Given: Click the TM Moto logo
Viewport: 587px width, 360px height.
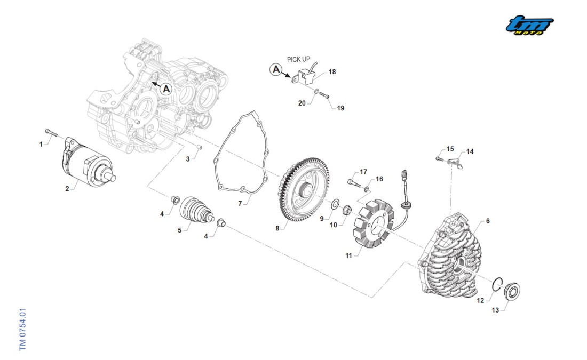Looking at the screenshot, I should (x=529, y=25).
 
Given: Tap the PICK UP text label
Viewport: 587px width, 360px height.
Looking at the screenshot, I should (x=298, y=59).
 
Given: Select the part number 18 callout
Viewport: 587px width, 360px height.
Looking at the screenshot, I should (x=332, y=72).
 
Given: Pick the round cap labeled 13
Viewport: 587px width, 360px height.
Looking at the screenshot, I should (x=512, y=291).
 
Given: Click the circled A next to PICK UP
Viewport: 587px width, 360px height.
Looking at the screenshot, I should (x=276, y=69).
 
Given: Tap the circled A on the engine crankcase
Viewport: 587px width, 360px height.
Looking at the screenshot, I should (x=166, y=89).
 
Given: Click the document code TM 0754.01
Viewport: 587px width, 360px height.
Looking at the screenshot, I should (x=22, y=329).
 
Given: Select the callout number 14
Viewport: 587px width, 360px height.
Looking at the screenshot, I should (x=470, y=151).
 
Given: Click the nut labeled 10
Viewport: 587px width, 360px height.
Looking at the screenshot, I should (x=345, y=209).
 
